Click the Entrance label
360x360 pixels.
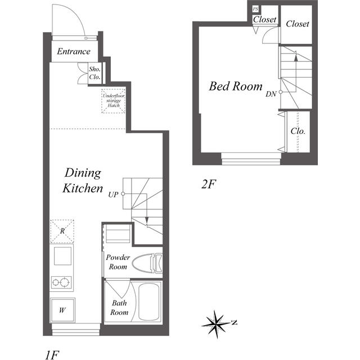click(73, 52)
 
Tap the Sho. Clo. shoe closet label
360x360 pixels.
click(94, 73)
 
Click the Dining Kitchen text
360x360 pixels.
click(83, 180)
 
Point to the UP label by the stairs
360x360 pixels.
click(113, 195)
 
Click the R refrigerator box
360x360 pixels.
click(61, 231)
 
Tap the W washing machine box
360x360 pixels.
click(61, 309)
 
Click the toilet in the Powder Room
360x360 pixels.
click(149, 262)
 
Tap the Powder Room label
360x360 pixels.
click(118, 262)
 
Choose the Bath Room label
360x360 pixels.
click(119, 307)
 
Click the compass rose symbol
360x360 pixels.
click(217, 323)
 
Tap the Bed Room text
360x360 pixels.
click(236, 87)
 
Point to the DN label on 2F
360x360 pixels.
click(271, 94)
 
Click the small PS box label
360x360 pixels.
click(256, 10)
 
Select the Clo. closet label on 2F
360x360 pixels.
click(298, 131)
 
